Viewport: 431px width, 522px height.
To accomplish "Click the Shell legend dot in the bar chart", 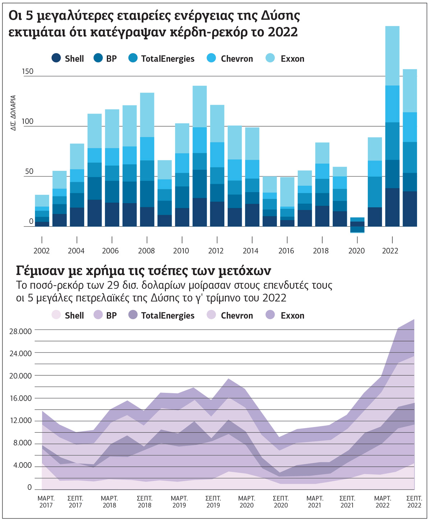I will point(56,58).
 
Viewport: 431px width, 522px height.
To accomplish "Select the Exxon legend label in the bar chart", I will point(292,59).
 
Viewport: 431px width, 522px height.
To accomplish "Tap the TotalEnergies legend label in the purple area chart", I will point(168,316).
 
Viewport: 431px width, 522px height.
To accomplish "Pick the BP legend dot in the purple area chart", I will point(98,315).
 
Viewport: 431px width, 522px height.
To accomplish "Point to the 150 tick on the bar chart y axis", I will point(28,71).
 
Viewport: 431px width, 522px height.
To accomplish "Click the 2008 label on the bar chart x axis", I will point(147,251).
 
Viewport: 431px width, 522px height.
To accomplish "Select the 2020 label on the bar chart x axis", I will point(356,251).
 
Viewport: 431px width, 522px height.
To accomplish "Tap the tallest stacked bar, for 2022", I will point(392,126).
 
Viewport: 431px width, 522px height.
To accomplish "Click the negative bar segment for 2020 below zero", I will point(357,230).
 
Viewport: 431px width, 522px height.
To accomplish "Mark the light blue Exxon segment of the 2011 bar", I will point(200,107).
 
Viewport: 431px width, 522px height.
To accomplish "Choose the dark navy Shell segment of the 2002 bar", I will point(42,224).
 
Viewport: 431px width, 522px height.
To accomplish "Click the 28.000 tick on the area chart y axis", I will point(20,331).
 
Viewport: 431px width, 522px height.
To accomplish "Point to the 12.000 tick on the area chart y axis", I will point(20,420).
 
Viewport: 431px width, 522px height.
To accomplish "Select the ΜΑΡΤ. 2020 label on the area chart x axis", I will point(246,502).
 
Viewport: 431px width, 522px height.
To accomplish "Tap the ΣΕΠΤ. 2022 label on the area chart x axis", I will point(414,502).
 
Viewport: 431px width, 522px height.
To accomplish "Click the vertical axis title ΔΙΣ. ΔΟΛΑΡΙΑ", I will point(13,113).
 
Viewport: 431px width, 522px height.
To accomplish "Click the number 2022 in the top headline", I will point(283,32).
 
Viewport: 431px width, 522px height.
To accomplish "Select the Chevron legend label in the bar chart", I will point(237,59).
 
